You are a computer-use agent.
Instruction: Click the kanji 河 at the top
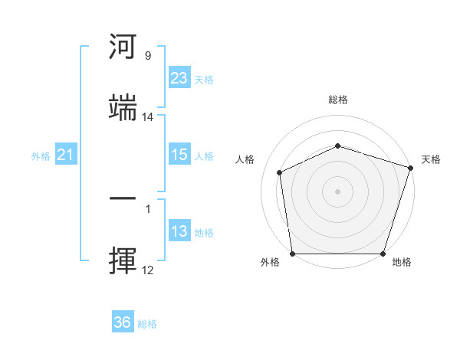[123, 47]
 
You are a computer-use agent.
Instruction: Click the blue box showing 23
[179, 78]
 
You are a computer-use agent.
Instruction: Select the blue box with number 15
[179, 155]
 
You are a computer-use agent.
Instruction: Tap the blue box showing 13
[179, 231]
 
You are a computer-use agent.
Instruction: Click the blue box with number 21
[66, 155]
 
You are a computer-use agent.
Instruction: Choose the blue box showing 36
[123, 322]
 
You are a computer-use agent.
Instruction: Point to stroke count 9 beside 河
[148, 56]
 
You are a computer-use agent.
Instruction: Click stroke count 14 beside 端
[148, 117]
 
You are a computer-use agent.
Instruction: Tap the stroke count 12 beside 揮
[148, 270]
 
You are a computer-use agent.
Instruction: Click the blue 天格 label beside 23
[204, 79]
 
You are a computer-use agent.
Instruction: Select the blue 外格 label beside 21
[41, 155]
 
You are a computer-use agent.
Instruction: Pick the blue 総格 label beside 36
[148, 323]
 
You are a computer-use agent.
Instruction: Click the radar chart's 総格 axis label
[338, 100]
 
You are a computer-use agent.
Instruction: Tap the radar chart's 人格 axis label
[245, 159]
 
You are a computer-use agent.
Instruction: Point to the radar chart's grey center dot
[338, 191]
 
